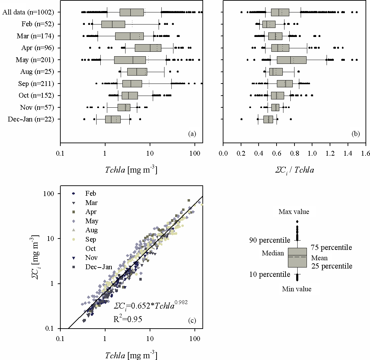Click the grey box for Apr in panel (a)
(x=148, y=48)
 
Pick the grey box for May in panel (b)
(x=291, y=60)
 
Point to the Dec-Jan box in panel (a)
(x=113, y=119)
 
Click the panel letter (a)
(x=192, y=134)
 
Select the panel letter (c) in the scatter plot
(x=192, y=321)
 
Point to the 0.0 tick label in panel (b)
(x=223, y=153)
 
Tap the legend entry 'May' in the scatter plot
(x=92, y=221)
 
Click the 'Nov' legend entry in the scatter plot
(x=91, y=258)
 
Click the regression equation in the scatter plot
(x=150, y=305)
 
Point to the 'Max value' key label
(x=294, y=212)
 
